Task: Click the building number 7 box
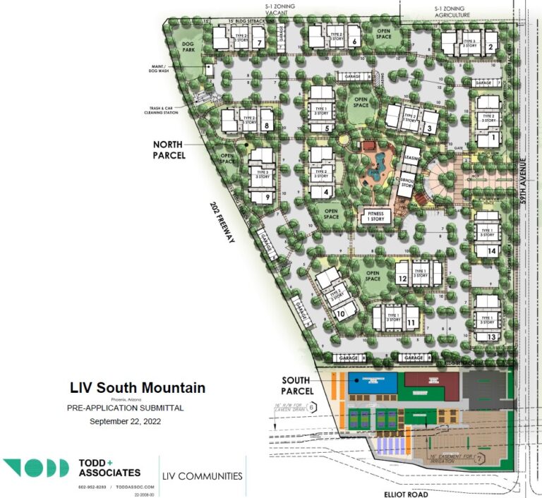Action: pos(260,43)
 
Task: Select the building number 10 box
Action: pos(341,314)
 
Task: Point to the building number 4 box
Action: pos(327,192)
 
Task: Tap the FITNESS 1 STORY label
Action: pos(375,216)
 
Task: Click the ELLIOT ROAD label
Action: pos(407,494)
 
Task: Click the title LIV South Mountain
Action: pos(138,387)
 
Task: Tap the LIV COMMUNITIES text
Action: pos(202,476)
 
